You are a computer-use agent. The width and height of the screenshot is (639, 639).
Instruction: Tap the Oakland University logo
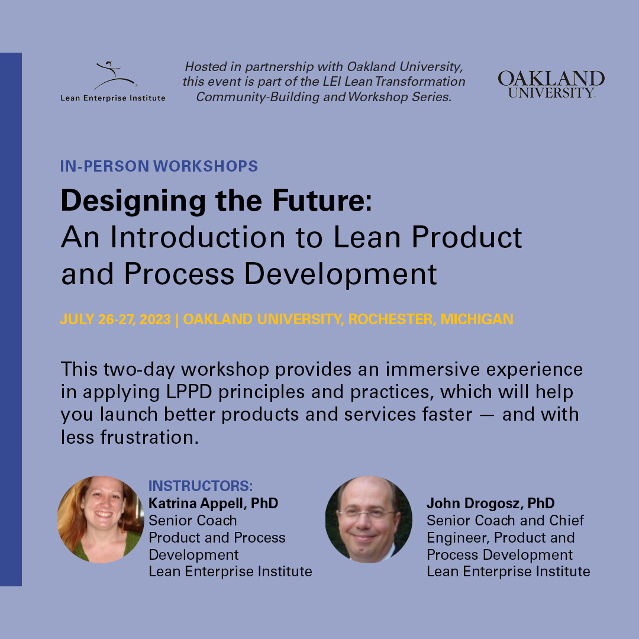(550, 83)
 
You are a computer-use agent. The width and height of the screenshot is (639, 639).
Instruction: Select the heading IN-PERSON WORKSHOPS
(159, 166)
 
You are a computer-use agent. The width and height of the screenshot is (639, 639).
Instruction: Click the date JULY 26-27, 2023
(115, 319)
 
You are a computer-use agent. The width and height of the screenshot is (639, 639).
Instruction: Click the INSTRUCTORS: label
(201, 486)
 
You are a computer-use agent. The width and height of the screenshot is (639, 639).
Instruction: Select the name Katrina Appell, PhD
(213, 504)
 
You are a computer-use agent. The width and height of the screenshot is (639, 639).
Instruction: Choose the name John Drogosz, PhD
(490, 504)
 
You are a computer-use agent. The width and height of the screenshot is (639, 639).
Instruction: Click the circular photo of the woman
(101, 519)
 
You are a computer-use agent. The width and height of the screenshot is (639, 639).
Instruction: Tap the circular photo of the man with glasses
(368, 519)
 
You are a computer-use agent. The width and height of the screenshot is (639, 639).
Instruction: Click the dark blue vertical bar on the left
(11, 319)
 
